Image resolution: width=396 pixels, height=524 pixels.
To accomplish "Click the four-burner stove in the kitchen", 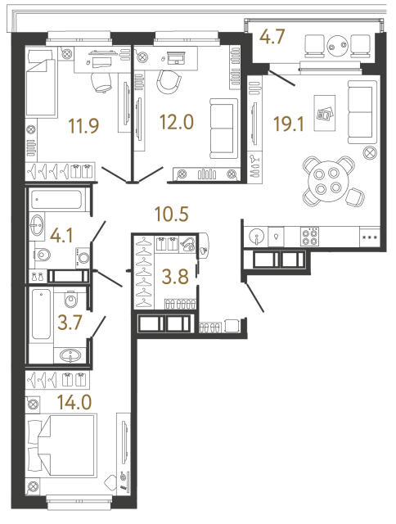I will [x=312, y=236].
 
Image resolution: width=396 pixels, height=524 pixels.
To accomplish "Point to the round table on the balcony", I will [x=335, y=46].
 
